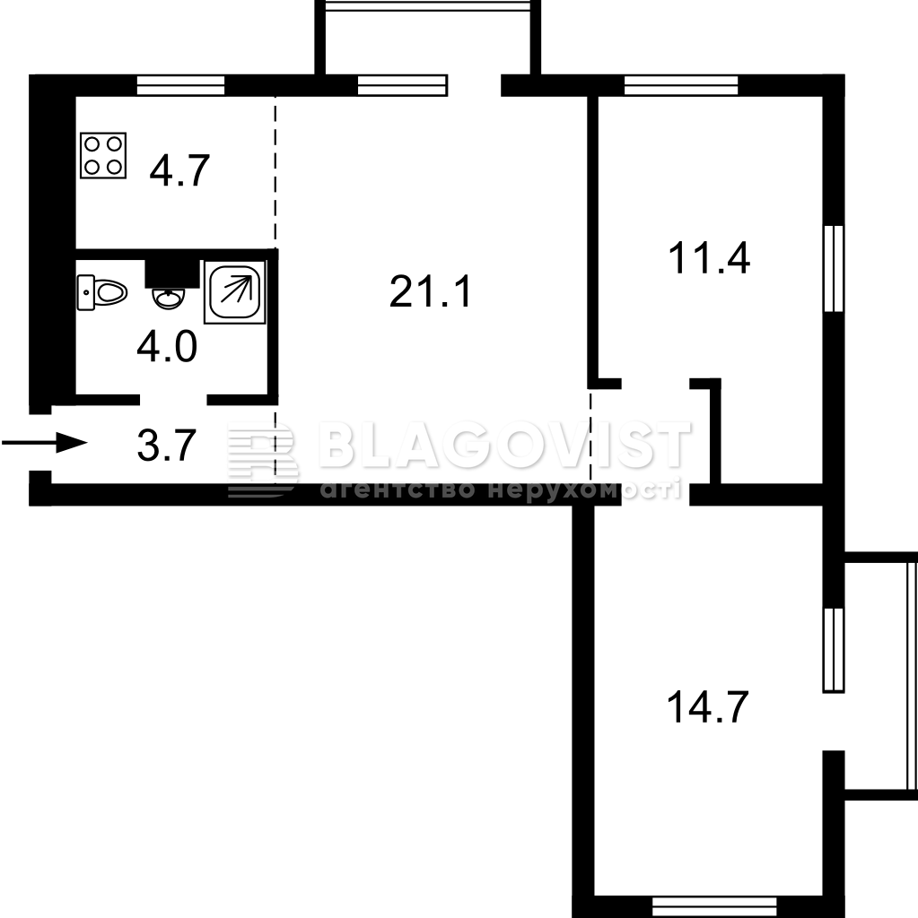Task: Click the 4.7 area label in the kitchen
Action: click(x=179, y=170)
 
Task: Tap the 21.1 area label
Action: click(x=430, y=291)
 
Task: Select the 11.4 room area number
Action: click(x=709, y=258)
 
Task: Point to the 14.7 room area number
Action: click(x=707, y=707)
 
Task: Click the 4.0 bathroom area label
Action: click(x=167, y=346)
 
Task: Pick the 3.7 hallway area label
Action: click(x=167, y=446)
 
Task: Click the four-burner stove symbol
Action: click(x=103, y=156)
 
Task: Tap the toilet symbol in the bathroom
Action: click(x=102, y=292)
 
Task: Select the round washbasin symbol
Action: click(x=168, y=298)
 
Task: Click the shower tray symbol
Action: click(x=234, y=292)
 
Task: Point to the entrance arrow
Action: click(x=45, y=442)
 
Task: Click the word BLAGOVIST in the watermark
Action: click(x=505, y=446)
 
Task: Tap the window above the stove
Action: click(x=180, y=85)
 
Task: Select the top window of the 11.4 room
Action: click(x=681, y=85)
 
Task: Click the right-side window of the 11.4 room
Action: click(x=834, y=268)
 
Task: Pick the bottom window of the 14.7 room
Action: click(x=714, y=906)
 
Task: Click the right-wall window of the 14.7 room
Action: click(x=834, y=651)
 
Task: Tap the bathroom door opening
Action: click(x=173, y=400)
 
